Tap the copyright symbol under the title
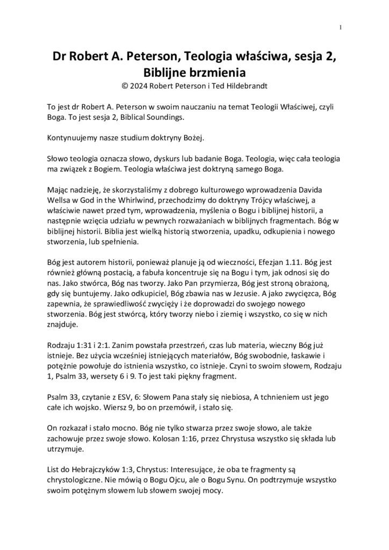tap(126, 85)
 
